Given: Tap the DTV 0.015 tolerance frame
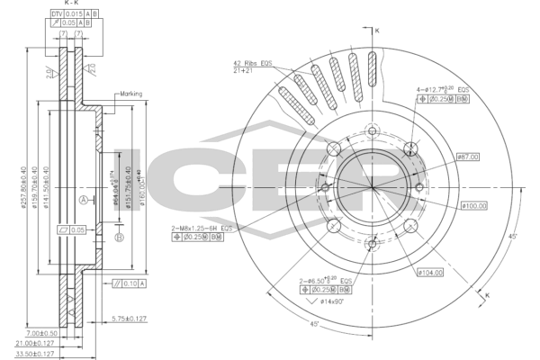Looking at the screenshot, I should [70, 15].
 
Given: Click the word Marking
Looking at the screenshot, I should [131, 94].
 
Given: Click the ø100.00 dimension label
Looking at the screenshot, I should [474, 206].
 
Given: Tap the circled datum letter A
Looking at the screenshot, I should [84, 199].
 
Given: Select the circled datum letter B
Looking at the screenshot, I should [118, 237].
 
